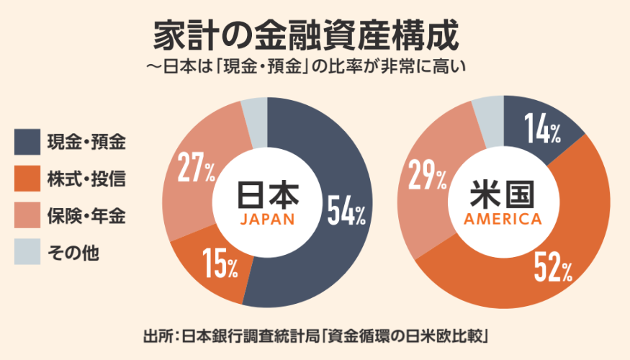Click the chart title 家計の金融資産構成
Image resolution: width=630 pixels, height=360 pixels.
click(x=306, y=34)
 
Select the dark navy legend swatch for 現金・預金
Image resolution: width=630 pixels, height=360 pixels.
click(x=27, y=142)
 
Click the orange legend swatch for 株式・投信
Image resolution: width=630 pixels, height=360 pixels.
click(x=27, y=179)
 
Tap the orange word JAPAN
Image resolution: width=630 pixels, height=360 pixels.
click(x=267, y=220)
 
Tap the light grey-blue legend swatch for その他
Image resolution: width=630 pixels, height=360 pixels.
click(x=27, y=252)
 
